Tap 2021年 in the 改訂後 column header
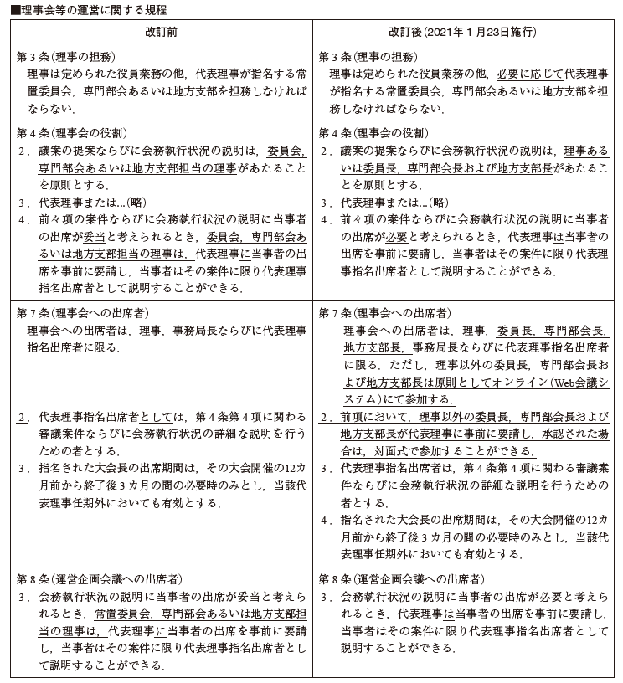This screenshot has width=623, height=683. tap(442, 31)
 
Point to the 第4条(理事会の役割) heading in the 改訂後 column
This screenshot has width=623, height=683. tap(373, 133)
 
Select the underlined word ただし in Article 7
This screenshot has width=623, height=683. tap(408, 366)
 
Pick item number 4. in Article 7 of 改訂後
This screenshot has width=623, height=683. tap(325, 520)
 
